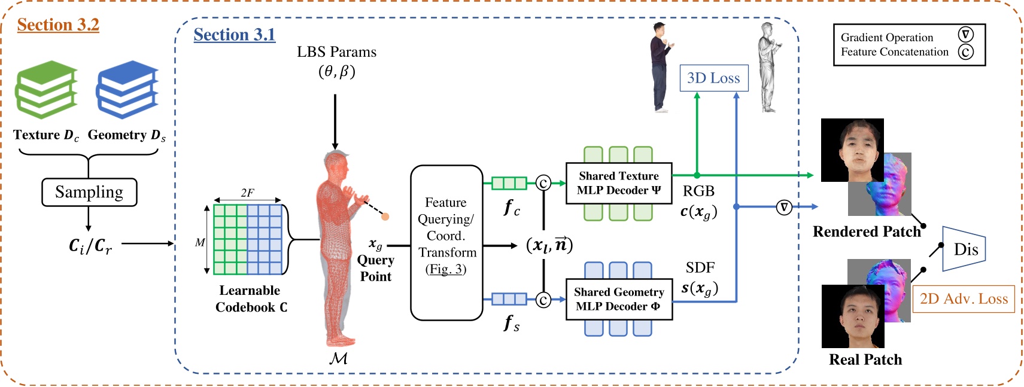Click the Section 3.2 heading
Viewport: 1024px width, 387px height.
[x=58, y=25]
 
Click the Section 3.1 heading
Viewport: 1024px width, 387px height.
[x=234, y=35]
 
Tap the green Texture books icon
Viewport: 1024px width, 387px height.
[x=46, y=90]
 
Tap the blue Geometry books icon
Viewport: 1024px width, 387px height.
[x=127, y=90]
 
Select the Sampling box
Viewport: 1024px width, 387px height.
[x=89, y=192]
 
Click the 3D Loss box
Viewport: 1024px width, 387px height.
[x=713, y=78]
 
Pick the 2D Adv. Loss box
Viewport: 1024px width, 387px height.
[x=963, y=299]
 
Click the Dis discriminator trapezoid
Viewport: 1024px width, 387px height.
[x=964, y=249]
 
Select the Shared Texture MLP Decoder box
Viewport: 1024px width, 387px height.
[x=619, y=183]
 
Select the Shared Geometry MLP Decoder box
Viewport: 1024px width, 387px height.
[x=619, y=299]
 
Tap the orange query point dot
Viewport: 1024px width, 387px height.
[x=385, y=217]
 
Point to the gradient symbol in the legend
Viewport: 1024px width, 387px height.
[x=965, y=35]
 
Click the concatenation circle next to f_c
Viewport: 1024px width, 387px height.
[x=543, y=183]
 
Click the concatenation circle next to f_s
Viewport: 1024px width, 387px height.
[x=543, y=300]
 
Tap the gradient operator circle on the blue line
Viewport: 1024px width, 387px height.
[x=783, y=207]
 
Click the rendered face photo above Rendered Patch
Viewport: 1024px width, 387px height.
[x=852, y=150]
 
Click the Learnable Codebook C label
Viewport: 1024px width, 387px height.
[x=250, y=298]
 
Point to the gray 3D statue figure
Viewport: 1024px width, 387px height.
[x=768, y=67]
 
